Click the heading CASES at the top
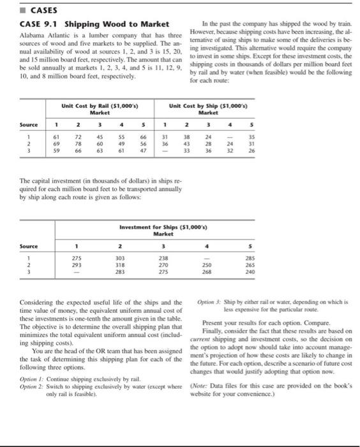click(x=26, y=10)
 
